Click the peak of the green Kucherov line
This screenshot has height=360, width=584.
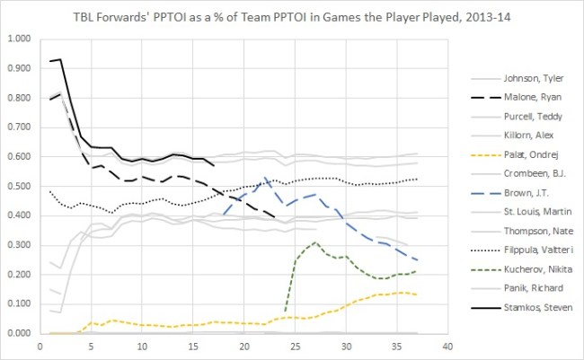point(315,242)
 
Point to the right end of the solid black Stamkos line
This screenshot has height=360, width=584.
point(214,165)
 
